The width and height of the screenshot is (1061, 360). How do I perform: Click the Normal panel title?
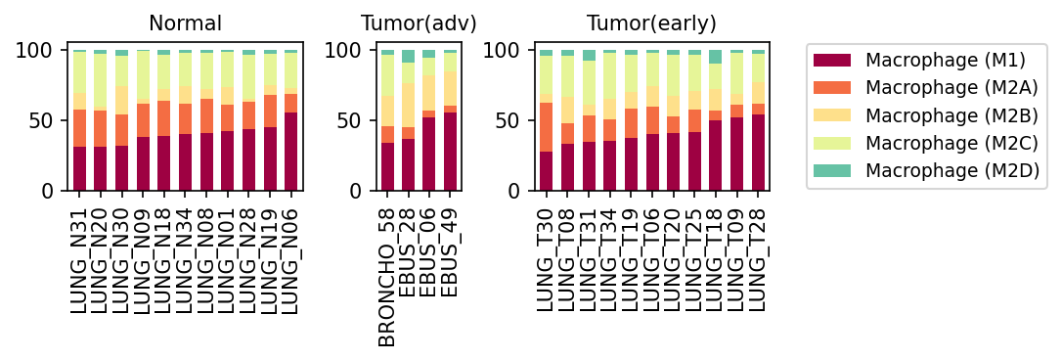[186, 23]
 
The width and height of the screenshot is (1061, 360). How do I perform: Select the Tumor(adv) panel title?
[419, 23]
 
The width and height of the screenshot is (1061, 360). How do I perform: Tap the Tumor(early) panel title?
[651, 23]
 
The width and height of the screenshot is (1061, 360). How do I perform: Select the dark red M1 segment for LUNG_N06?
[291, 152]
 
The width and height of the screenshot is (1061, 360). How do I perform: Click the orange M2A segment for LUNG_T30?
[546, 127]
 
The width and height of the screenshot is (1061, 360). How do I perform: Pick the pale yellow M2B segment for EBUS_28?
[408, 105]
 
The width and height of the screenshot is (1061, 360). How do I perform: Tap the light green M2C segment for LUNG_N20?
[101, 81]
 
